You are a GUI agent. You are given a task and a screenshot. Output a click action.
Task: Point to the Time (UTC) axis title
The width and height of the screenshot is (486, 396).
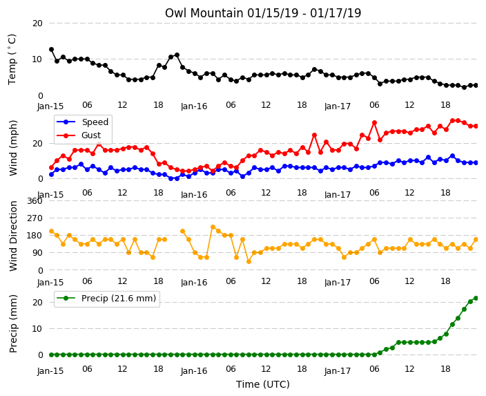(x=263, y=384)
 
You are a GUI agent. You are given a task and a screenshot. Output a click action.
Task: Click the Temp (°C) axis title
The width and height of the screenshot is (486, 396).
(x=12, y=59)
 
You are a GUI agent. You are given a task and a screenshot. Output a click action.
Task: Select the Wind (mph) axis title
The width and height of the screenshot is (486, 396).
(x=12, y=148)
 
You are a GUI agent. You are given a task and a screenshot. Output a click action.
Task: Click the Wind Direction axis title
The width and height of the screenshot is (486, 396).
(x=12, y=236)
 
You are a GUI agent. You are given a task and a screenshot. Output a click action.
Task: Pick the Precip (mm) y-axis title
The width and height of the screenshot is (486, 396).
(x=12, y=323)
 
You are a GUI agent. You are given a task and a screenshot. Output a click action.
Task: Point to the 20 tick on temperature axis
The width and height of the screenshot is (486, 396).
(x=37, y=23)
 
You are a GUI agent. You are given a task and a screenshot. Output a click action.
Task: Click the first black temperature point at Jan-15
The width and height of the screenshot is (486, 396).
(x=52, y=50)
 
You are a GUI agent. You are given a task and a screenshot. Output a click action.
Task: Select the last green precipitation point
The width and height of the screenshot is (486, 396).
(x=476, y=299)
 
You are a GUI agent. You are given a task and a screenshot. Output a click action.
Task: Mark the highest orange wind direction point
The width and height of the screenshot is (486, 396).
(x=213, y=227)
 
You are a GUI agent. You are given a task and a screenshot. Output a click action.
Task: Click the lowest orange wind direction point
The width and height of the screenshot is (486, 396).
(x=249, y=262)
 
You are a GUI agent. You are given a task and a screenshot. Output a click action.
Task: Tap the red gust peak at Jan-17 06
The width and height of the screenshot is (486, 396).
(x=374, y=123)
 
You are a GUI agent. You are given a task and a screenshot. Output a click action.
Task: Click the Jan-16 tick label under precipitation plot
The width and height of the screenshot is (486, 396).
(x=194, y=370)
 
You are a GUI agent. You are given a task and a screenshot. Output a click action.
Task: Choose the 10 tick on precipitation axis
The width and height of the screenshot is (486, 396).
(x=37, y=329)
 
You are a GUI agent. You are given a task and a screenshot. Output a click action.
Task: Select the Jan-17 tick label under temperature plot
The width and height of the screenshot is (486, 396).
(x=338, y=106)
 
